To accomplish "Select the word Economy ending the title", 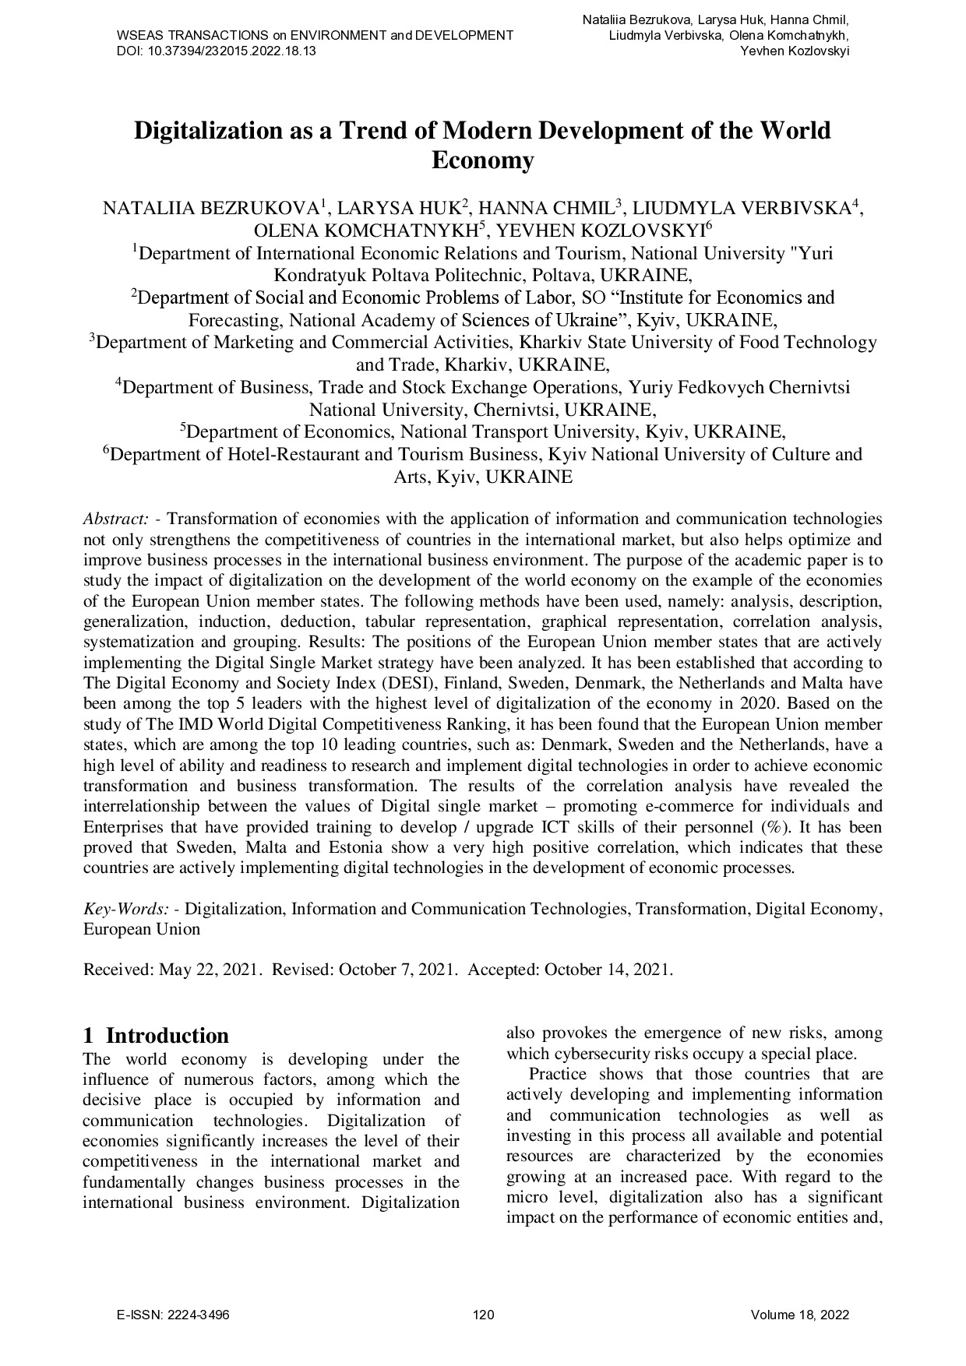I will tap(482, 161).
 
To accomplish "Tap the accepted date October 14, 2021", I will tap(608, 970).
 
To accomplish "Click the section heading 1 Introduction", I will tap(156, 1036).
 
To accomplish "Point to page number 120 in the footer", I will tap(483, 1315).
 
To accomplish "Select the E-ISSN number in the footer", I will tap(173, 1315).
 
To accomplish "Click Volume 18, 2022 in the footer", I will tap(799, 1315).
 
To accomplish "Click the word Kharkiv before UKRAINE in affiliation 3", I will tap(476, 365).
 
